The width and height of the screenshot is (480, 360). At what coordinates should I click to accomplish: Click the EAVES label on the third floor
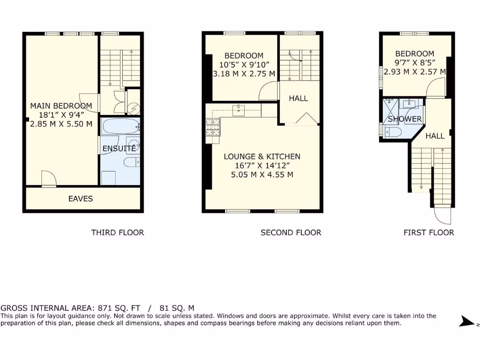point(81,199)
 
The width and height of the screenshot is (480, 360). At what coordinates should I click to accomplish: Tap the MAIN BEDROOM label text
point(61,106)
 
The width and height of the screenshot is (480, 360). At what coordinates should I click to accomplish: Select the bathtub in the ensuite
point(120,127)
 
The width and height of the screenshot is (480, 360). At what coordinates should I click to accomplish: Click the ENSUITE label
point(120,148)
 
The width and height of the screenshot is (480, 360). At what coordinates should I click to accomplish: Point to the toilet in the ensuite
point(131,162)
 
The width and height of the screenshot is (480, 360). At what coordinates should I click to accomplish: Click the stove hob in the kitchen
point(213,127)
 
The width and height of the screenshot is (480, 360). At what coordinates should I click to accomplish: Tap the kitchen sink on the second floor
point(240,110)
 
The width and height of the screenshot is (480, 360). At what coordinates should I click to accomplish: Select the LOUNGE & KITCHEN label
point(262,157)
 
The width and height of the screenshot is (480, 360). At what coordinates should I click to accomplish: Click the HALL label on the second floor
point(298,98)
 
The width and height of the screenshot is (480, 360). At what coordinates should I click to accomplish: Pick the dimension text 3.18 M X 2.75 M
point(244,74)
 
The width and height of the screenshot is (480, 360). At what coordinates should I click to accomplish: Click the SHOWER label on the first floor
point(405,119)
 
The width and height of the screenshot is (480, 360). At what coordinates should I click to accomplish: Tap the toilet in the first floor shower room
point(392,132)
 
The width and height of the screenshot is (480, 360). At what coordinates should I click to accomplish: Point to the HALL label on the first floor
point(435,136)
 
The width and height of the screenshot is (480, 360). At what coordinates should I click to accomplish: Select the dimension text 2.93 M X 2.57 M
point(414,72)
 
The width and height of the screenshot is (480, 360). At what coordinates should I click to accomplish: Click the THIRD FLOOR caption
point(117,232)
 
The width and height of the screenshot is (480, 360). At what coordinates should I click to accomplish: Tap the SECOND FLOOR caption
point(291,232)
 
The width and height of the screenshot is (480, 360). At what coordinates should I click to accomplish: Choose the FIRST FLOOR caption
point(428,232)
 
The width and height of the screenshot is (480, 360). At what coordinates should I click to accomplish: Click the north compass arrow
point(467,322)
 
